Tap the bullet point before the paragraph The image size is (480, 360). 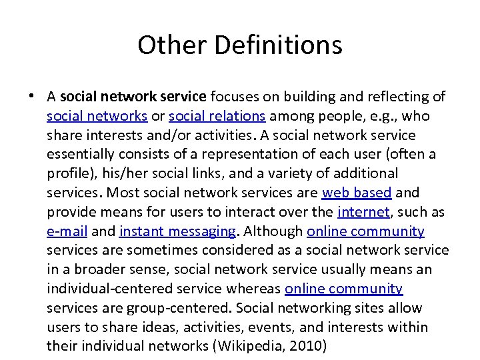pos(31,97)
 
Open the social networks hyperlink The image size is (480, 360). pos(97,116)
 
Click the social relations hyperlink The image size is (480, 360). pos(217,116)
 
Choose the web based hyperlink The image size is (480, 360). pos(357,193)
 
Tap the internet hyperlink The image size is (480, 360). pos(364,212)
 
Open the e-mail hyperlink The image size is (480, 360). pos(66,231)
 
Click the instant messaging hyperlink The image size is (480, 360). pos(177,231)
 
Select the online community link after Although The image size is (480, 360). pos(365,231)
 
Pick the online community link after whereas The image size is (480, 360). pos(343,289)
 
